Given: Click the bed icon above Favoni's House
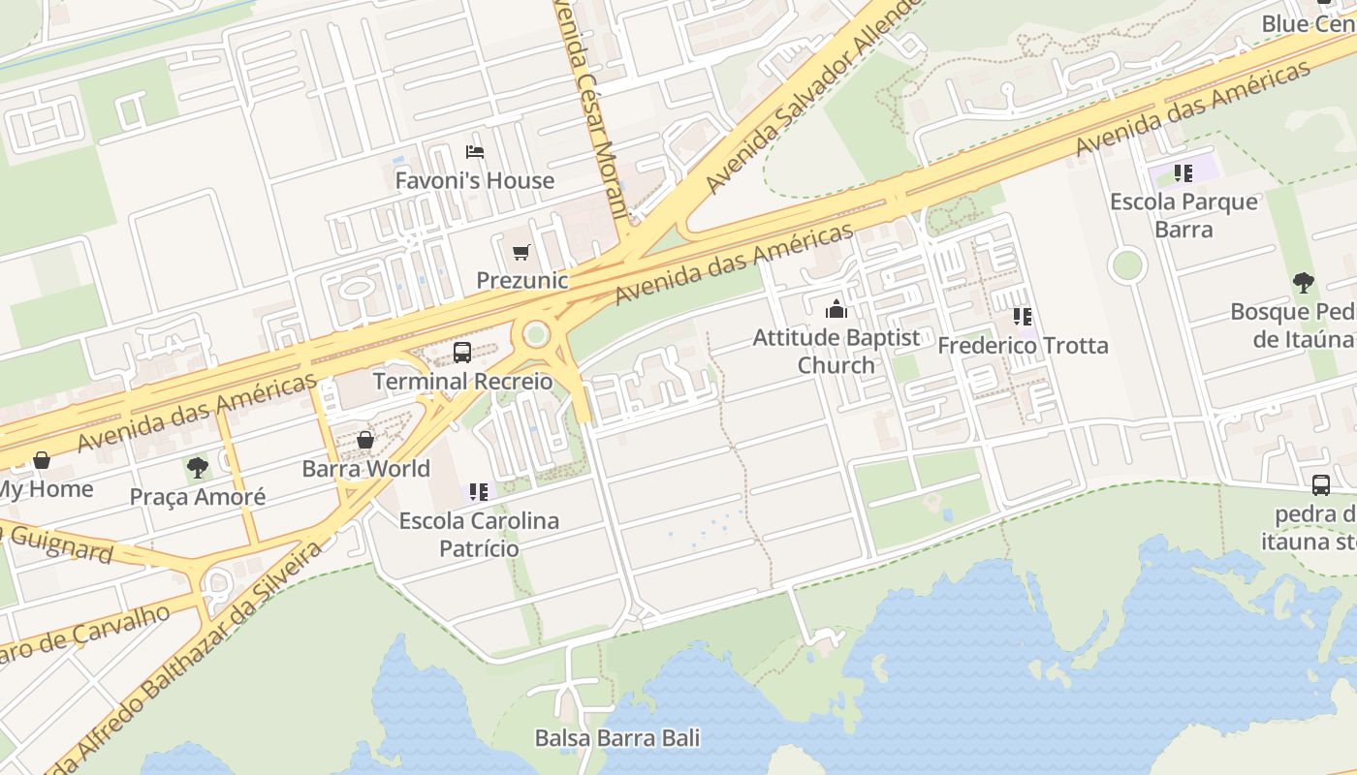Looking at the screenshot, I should coord(475,152).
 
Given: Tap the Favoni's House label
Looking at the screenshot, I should coord(475,180).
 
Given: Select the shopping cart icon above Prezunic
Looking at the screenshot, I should coord(521,253).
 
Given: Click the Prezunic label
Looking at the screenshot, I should coord(521,280).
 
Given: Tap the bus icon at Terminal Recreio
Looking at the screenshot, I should coord(462,353).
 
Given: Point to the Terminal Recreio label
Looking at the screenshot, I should coord(463,381).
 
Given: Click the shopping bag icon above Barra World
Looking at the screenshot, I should coord(365,441).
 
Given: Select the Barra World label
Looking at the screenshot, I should coord(366,469).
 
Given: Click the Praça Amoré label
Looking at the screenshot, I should coord(198,497).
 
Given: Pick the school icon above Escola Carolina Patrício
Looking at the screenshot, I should coord(479,492).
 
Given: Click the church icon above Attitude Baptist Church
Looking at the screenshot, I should coord(836,310).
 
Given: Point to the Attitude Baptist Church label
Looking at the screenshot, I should coord(836,351).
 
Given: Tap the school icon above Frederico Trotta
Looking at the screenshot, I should coord(1023,317).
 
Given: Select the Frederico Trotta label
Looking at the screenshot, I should coord(1023,345).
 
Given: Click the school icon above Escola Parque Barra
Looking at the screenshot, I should coord(1183,173).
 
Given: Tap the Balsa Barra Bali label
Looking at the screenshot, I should coord(617,738).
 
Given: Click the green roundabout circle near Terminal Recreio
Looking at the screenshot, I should coord(536,335).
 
